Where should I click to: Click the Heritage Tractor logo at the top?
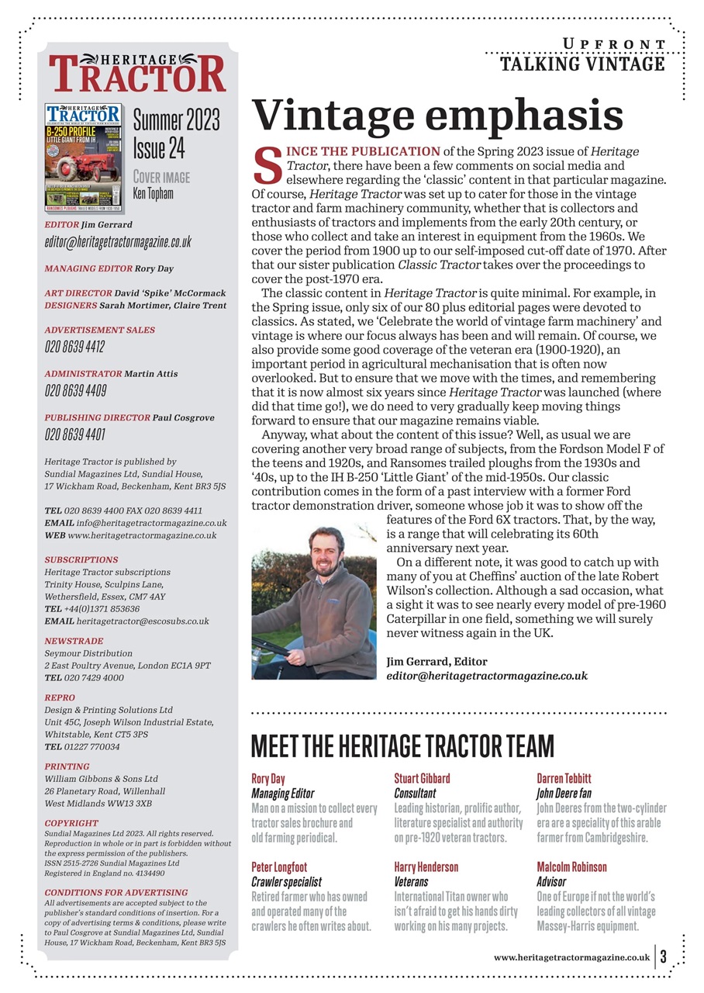[138, 73]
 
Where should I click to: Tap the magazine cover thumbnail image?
[84, 157]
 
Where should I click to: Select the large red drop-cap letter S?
[267, 165]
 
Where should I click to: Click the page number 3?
[664, 957]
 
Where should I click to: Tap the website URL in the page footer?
[571, 957]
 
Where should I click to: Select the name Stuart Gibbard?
[422, 778]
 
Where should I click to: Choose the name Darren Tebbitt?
[564, 778]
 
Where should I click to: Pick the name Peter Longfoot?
[280, 867]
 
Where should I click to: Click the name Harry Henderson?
[426, 867]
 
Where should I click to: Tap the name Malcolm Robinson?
[571, 867]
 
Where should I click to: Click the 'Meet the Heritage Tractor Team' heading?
[402, 746]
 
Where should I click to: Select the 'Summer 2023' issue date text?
[176, 120]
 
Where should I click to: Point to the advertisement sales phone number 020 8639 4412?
[74, 347]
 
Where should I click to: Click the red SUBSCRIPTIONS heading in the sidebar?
[81, 559]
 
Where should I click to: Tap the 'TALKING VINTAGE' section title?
[582, 64]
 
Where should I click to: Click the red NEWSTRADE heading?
[74, 642]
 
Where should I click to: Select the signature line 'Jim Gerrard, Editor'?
[437, 662]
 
